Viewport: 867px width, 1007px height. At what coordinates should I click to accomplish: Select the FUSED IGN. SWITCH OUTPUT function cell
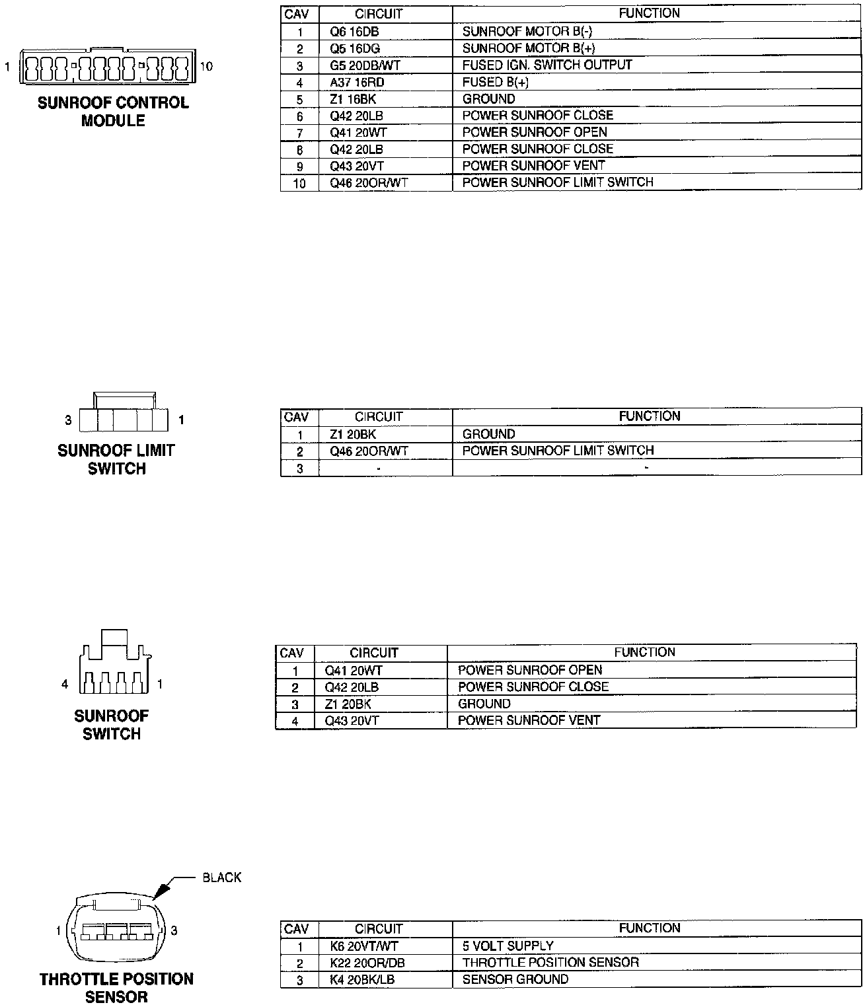coord(547,65)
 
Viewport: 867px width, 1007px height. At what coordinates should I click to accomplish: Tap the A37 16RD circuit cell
coord(357,82)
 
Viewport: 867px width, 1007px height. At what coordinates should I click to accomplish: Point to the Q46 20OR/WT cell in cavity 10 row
coord(369,183)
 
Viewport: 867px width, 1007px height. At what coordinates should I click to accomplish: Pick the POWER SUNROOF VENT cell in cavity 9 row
coord(533,166)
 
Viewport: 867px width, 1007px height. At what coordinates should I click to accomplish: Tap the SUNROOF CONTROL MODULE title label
coord(113,112)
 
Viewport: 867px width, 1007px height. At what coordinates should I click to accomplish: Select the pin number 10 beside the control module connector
coord(206,66)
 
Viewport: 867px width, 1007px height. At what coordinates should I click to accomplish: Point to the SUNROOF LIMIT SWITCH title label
coord(116,459)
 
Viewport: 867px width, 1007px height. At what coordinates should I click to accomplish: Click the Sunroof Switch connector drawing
coord(113,664)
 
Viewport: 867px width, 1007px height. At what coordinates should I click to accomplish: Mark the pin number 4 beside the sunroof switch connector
coord(65,685)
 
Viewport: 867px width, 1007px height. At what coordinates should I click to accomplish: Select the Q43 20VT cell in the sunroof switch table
coord(352,721)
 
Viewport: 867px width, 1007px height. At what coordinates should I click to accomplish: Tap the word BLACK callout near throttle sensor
coord(222,877)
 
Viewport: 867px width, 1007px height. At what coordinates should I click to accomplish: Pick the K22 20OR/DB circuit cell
coord(367,963)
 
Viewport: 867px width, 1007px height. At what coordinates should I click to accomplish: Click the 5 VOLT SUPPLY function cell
coord(508,946)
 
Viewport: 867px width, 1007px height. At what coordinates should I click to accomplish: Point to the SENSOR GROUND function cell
coord(515,979)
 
